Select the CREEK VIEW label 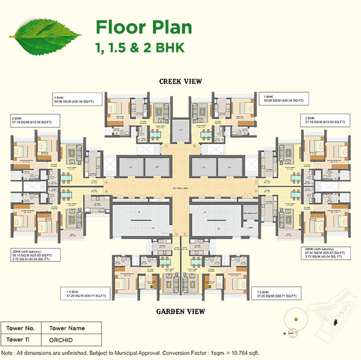tap(180, 82)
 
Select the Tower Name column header tap(67, 328)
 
